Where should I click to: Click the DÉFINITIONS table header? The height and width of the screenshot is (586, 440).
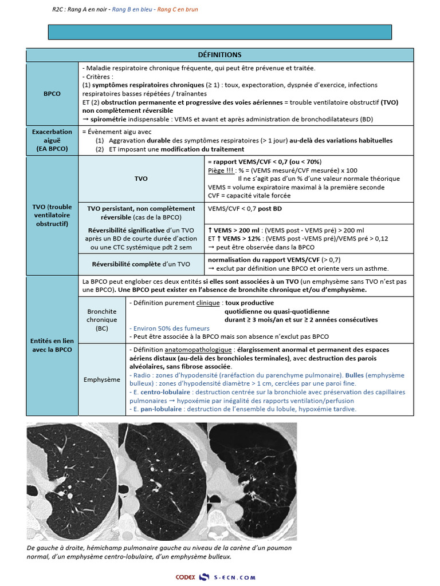coord(219,55)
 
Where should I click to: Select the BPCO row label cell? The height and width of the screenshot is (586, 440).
coord(52,93)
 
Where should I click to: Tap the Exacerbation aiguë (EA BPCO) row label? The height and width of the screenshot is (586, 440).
coord(52,140)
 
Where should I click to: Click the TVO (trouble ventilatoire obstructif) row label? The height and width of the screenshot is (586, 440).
coord(52,215)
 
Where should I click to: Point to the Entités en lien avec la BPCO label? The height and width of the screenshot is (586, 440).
coord(52,345)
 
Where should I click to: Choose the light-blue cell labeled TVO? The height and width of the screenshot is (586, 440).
coord(141,179)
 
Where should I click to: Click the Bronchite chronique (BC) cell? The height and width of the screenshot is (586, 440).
coord(102,320)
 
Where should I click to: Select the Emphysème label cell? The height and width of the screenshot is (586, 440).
coord(102,379)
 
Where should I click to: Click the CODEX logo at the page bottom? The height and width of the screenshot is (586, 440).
coord(186,577)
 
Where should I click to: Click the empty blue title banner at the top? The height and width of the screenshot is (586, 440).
coord(219,32)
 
